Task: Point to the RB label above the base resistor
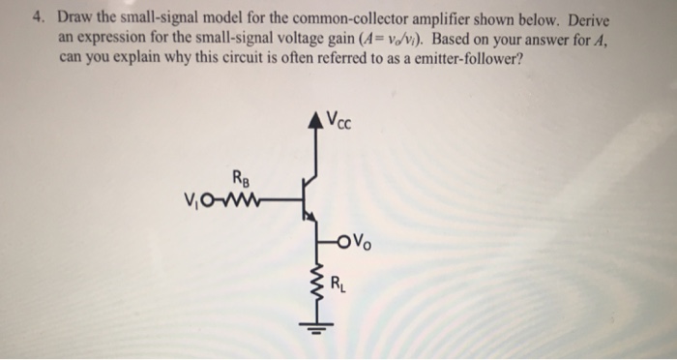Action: (x=238, y=177)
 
